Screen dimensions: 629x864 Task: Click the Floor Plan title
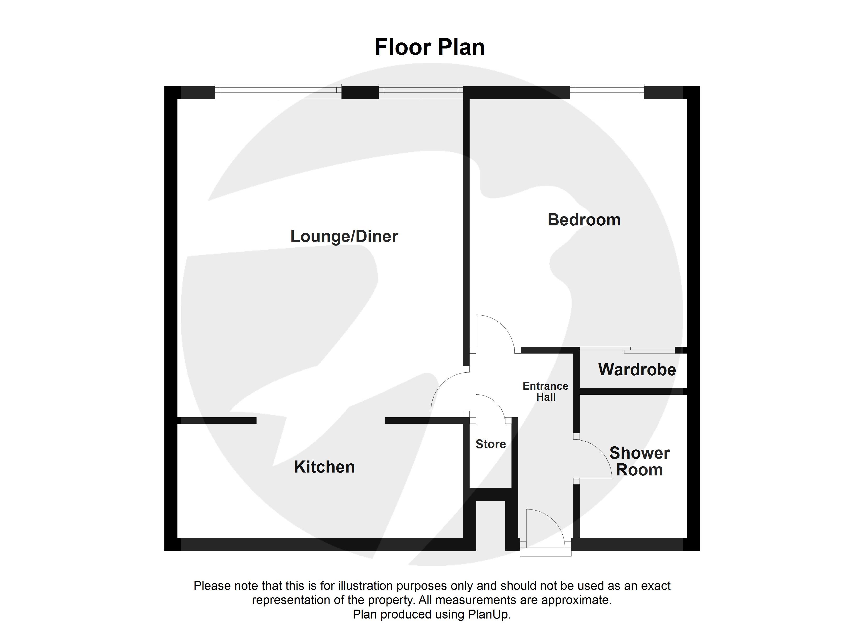(429, 47)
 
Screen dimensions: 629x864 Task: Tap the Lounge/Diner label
(344, 236)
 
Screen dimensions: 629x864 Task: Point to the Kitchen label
(324, 467)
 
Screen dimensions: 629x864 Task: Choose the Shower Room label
(639, 461)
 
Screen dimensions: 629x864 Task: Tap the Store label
(490, 444)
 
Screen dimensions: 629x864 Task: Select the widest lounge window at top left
(278, 91)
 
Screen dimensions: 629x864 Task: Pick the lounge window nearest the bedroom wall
(420, 91)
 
